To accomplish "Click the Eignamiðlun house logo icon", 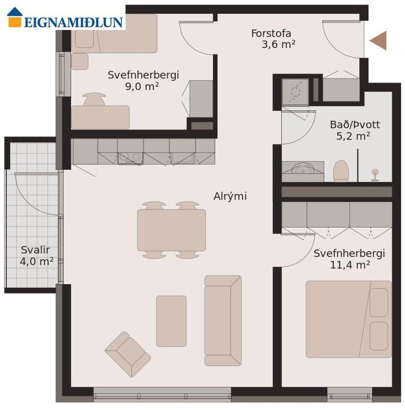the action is pyautogui.click(x=15, y=17).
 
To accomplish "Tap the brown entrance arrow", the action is pyautogui.click(x=378, y=41).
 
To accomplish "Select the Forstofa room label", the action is pyautogui.click(x=271, y=34).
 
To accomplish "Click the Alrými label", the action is pyautogui.click(x=230, y=196).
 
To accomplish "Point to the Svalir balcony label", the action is pyautogui.click(x=36, y=250).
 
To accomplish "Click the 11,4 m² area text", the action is pyautogui.click(x=350, y=265).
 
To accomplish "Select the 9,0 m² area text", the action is pyautogui.click(x=142, y=86).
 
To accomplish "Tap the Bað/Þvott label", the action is pyautogui.click(x=355, y=125).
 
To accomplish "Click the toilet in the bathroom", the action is pyautogui.click(x=341, y=171).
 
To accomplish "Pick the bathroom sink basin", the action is pyautogui.click(x=303, y=168).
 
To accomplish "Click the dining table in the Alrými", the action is pyautogui.click(x=171, y=230).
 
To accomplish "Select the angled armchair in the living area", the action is pyautogui.click(x=128, y=354).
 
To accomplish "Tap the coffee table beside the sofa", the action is pyautogui.click(x=171, y=322).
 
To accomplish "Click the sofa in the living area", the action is pyautogui.click(x=223, y=321).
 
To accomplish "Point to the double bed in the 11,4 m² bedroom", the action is pyautogui.click(x=349, y=319).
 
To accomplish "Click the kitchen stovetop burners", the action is pyautogui.click(x=130, y=158).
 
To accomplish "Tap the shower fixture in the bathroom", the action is pyautogui.click(x=375, y=175).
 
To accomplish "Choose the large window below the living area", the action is pyautogui.click(x=162, y=394).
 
